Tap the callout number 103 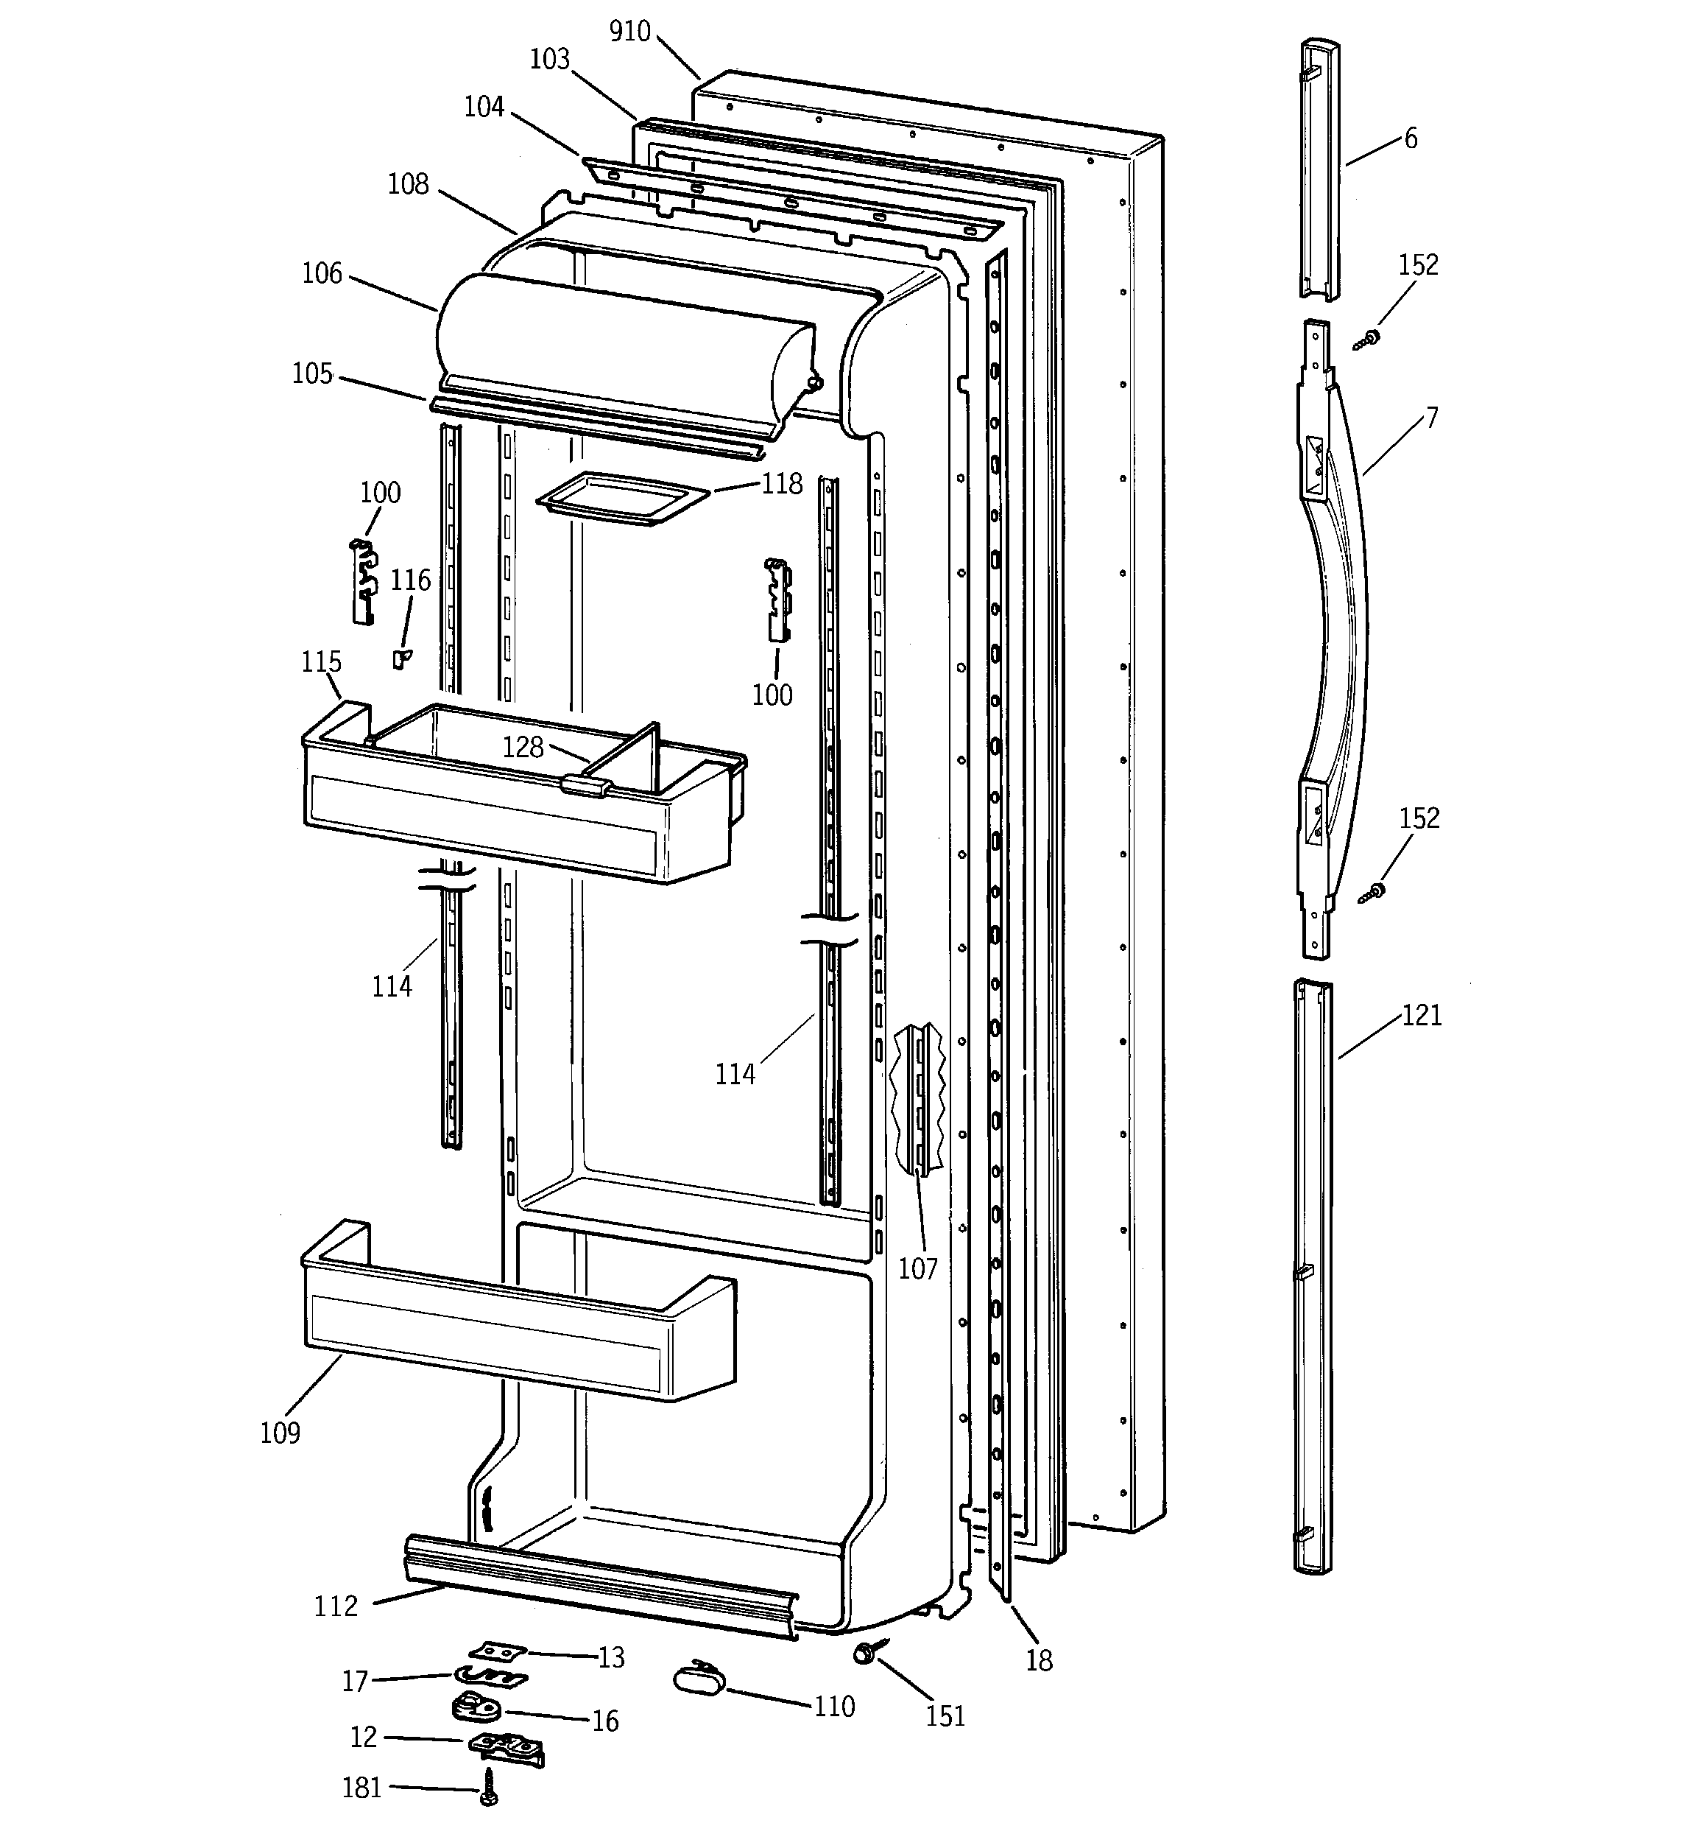pos(549,60)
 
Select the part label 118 pos(781,483)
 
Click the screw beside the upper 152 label pos(1367,340)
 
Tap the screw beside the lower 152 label pos(1372,891)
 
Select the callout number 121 pos(1421,1015)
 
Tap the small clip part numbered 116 pos(400,658)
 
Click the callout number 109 pos(280,1433)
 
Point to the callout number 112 pos(336,1606)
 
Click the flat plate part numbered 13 pos(493,1651)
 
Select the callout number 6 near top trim pos(1410,138)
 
